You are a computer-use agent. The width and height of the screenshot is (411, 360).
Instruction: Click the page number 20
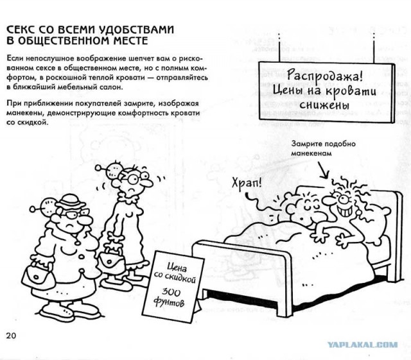point(12,336)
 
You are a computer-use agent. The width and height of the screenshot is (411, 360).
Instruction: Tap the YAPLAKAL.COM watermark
point(362,345)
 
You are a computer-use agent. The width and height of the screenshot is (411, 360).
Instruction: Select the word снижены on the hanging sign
point(324,105)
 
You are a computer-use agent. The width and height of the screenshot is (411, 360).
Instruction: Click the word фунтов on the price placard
point(169,302)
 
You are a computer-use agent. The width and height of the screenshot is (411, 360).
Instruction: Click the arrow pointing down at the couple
point(322,170)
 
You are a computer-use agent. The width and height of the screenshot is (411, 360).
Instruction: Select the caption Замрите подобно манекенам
point(324,148)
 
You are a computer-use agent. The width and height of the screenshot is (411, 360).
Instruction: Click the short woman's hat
point(70,201)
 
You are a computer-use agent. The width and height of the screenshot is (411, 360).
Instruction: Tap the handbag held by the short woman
point(39,275)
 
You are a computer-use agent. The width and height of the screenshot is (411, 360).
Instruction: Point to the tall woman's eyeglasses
point(136,178)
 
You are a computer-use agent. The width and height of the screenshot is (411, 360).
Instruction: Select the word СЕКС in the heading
point(21,30)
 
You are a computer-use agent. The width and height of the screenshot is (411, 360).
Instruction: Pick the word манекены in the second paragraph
point(22,113)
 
